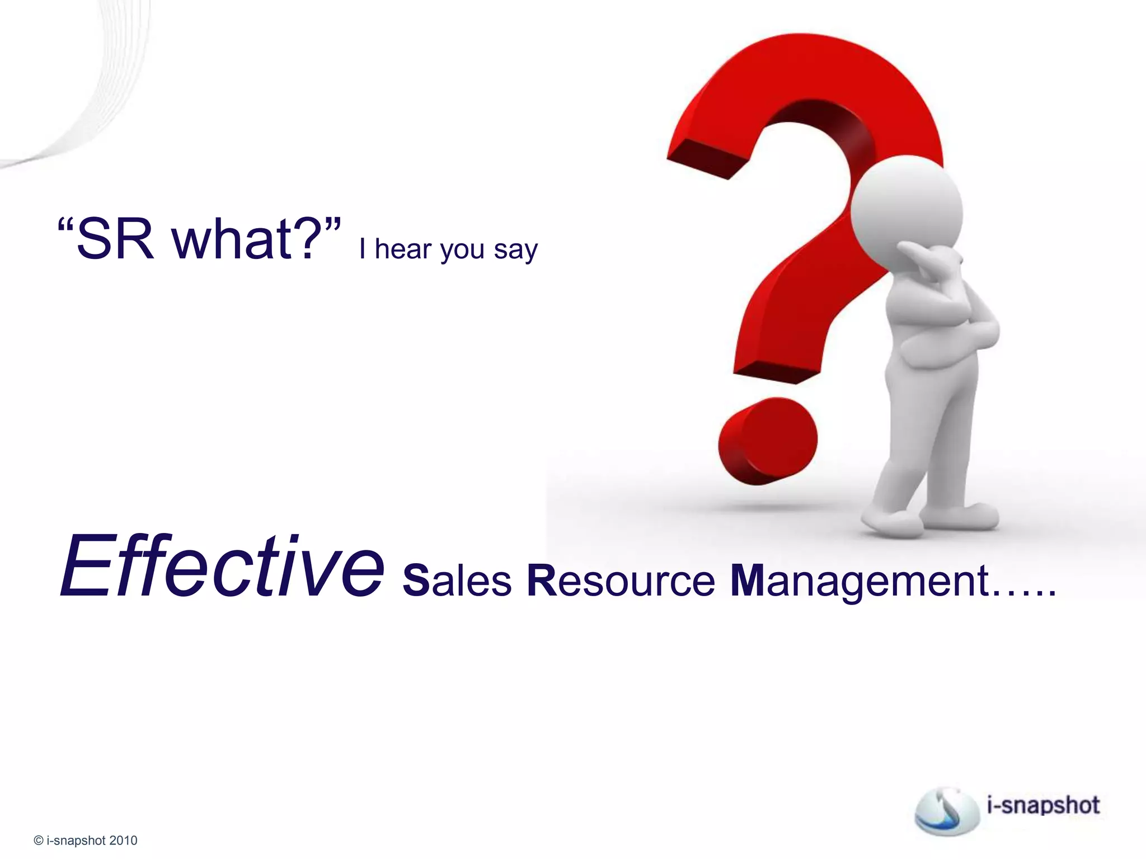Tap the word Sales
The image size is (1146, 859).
(x=457, y=580)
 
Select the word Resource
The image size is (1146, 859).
(x=621, y=580)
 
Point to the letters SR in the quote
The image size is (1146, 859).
(x=115, y=239)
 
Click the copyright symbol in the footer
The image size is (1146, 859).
(x=39, y=841)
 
